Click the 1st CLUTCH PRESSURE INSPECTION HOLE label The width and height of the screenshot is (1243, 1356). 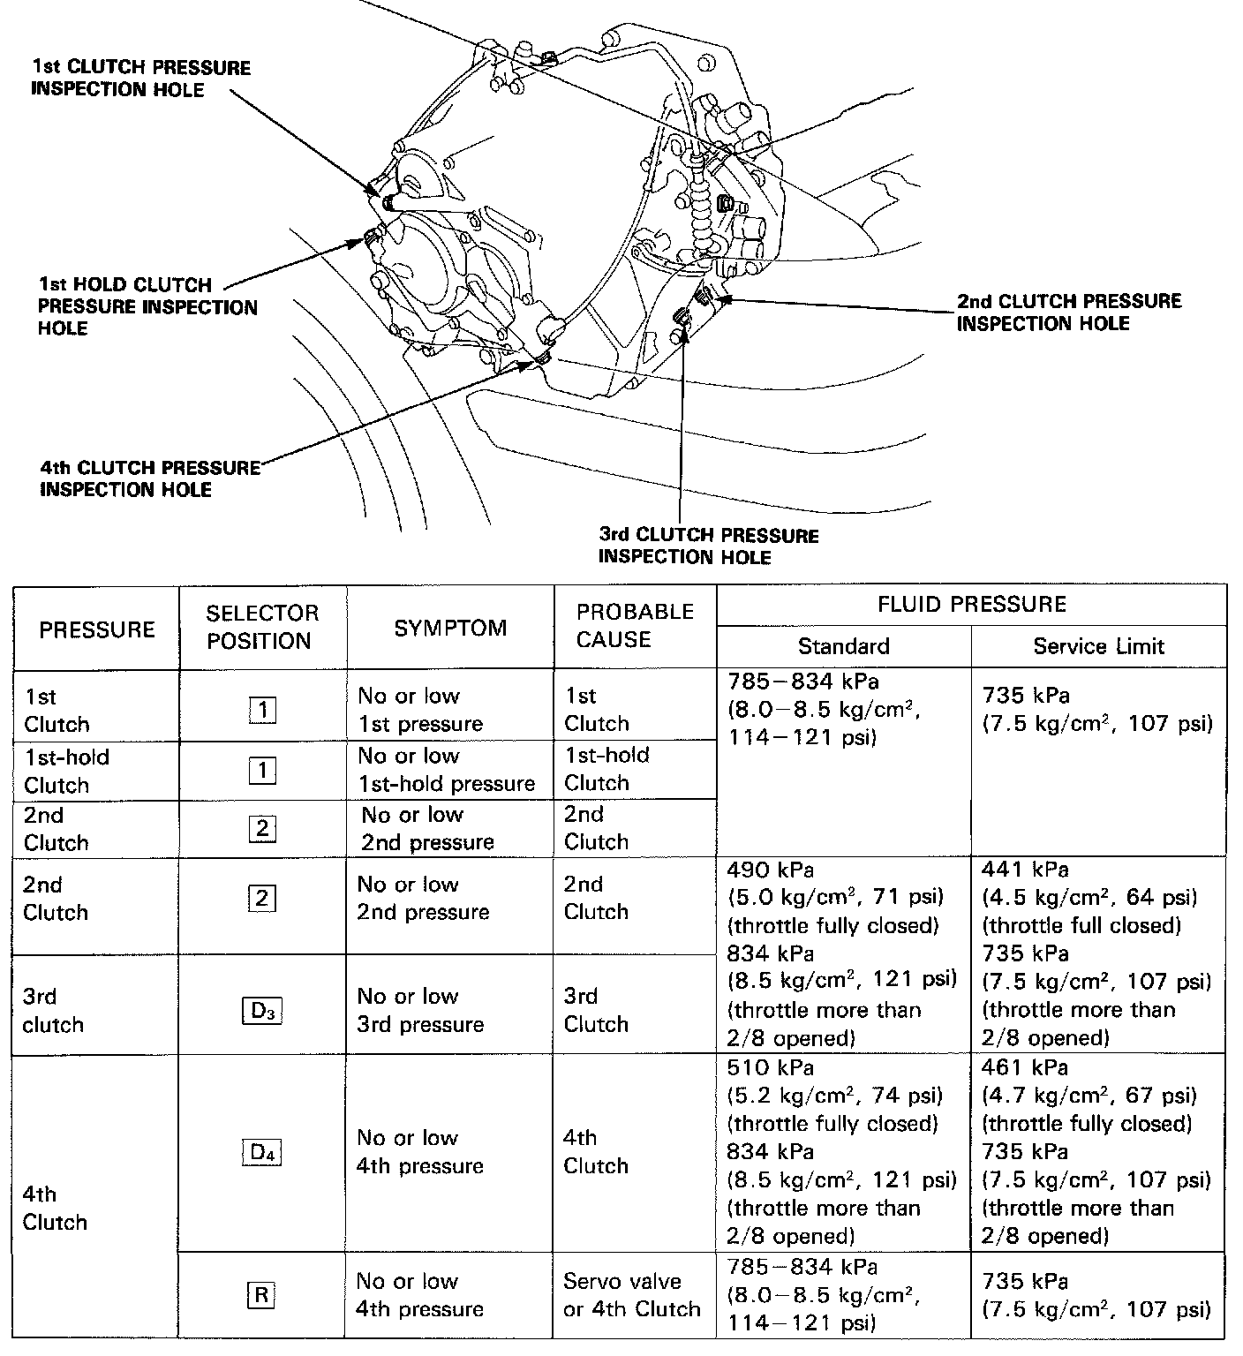click(141, 79)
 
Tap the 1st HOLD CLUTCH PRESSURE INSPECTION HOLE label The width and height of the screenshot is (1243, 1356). click(147, 306)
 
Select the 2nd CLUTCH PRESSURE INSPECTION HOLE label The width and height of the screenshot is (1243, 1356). click(1069, 313)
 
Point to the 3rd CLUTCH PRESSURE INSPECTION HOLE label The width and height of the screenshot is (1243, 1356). click(708, 546)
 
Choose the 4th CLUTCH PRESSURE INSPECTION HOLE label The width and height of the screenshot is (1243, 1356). click(150, 478)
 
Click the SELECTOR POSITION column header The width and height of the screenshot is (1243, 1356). click(262, 627)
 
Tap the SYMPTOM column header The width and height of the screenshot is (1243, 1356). click(450, 628)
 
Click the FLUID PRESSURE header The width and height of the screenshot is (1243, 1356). click(971, 605)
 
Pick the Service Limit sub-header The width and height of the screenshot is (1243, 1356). click(1098, 646)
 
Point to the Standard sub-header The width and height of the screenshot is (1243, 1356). click(843, 646)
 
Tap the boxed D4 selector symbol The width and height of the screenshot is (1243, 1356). click(262, 1152)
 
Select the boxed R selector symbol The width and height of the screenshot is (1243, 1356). click(261, 1295)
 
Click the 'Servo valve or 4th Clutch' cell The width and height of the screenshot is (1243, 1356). click(632, 1295)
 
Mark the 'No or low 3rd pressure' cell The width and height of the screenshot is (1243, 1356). click(420, 1011)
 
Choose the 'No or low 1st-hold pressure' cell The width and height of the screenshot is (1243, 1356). click(447, 770)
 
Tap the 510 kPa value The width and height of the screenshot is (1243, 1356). click(765, 1068)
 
